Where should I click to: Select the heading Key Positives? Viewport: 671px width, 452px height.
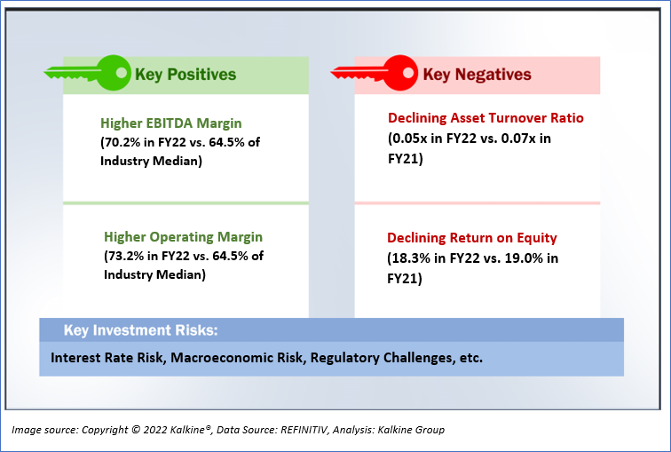click(186, 75)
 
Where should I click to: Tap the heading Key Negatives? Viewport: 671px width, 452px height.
click(478, 75)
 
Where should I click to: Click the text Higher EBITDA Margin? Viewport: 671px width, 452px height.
click(171, 123)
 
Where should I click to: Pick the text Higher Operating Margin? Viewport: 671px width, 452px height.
click(183, 237)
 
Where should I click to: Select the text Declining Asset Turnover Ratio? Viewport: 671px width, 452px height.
click(485, 118)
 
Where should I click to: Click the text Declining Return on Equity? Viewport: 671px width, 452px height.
click(472, 238)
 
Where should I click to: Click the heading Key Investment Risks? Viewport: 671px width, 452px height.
click(140, 330)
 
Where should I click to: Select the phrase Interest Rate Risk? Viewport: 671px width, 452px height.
click(107, 358)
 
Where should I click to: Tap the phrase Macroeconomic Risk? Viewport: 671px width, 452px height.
click(237, 358)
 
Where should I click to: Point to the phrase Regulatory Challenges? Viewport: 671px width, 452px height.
click(382, 358)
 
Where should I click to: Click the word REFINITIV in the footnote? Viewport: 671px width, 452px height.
click(304, 430)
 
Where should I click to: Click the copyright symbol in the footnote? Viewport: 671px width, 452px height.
click(136, 429)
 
